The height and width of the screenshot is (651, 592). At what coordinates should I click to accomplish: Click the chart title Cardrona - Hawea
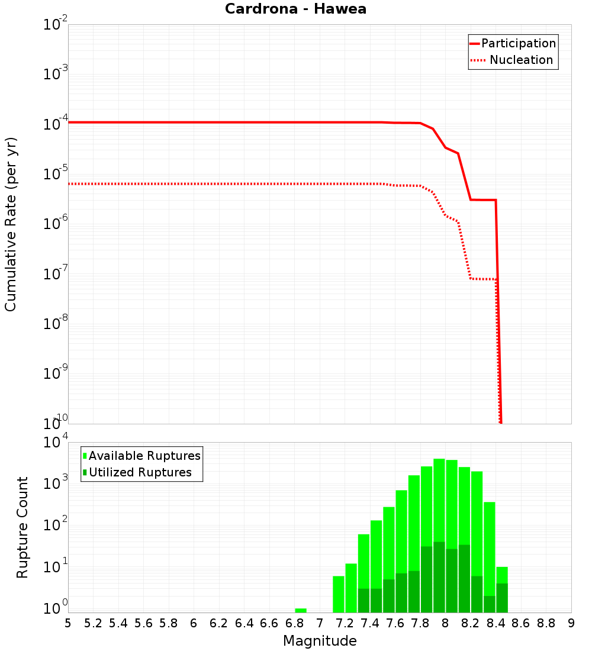click(295, 9)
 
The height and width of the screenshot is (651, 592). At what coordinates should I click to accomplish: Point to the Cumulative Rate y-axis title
click(11, 224)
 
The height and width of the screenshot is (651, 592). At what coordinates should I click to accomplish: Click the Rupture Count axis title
click(22, 527)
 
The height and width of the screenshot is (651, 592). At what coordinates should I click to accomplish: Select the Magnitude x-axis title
click(320, 641)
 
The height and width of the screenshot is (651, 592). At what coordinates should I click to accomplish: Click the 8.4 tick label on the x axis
click(496, 623)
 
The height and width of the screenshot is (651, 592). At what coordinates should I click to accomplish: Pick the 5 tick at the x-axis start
click(68, 623)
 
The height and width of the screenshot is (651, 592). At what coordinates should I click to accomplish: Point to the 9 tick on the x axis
click(571, 623)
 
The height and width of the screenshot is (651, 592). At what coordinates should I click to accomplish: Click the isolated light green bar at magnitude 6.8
click(301, 610)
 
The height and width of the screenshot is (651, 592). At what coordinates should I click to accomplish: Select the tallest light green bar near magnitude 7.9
click(439, 533)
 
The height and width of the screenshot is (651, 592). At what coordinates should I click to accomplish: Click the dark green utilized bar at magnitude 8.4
click(502, 598)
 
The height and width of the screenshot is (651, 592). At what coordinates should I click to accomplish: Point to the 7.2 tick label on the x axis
click(345, 623)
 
